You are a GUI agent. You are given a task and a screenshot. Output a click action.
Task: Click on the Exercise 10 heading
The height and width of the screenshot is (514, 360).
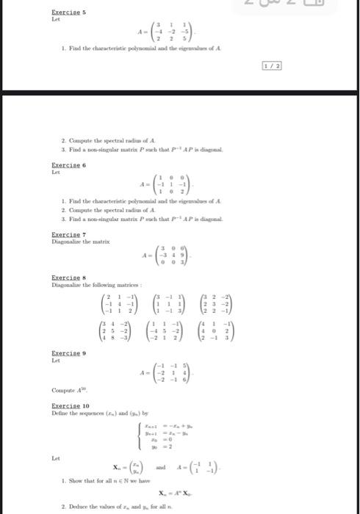[64, 405]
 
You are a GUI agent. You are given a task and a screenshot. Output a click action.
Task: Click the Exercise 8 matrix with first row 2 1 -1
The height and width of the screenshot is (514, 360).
[119, 303]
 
